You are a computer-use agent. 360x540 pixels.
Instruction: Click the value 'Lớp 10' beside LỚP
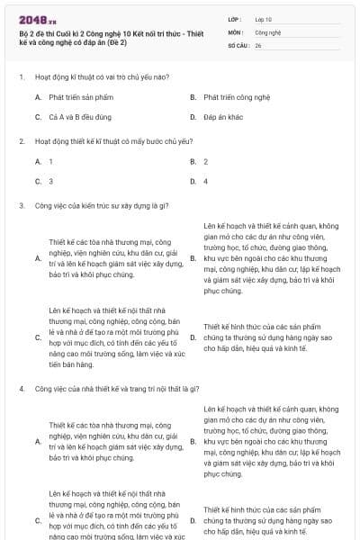click(x=263, y=18)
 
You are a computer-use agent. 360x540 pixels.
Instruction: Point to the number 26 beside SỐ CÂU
click(x=258, y=44)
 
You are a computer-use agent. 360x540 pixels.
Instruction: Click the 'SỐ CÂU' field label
click(x=238, y=44)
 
